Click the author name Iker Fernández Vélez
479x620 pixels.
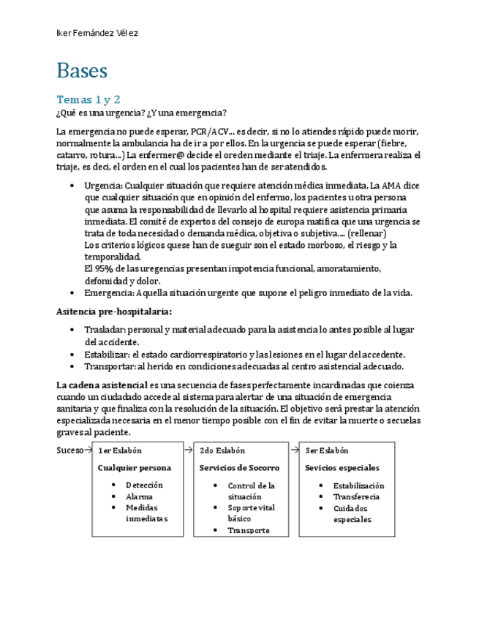pos(97,34)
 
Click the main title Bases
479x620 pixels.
pos(82,71)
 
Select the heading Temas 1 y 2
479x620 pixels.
pos(88,99)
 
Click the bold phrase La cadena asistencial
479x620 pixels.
pos(101,385)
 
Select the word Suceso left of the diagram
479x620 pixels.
pos(69,450)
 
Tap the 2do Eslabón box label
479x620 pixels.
pos(222,451)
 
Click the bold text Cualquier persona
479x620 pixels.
pos(135,468)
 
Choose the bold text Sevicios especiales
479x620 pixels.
pos(342,468)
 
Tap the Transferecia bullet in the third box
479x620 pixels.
pos(355,496)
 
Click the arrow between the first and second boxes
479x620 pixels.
pos(188,450)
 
